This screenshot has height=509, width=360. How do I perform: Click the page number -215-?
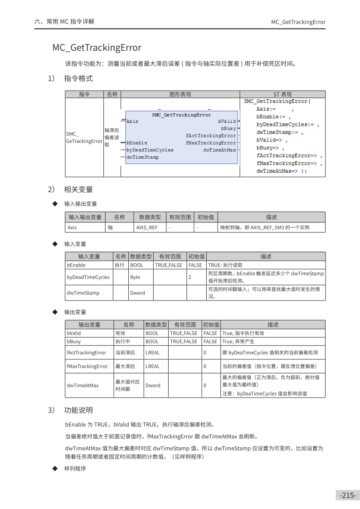coord(348,495)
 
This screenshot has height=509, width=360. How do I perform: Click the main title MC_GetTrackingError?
coord(97,48)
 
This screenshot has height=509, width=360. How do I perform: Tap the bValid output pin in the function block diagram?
coord(227,121)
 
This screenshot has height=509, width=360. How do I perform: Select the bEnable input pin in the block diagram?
coord(136,143)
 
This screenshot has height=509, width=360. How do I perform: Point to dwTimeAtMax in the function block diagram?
coord(219,150)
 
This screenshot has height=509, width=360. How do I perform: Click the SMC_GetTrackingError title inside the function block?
coord(181,115)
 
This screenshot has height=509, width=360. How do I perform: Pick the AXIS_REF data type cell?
coord(147,228)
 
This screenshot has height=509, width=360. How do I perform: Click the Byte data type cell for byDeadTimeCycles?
coord(135,277)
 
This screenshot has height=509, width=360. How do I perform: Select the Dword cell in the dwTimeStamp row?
coord(137,293)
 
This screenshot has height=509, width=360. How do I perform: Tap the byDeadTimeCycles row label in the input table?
coord(88,277)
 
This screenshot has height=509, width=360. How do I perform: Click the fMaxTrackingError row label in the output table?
coord(87,366)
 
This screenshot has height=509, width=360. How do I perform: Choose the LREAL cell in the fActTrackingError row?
coord(152,353)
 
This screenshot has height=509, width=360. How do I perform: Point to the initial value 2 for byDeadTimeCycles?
coord(190,277)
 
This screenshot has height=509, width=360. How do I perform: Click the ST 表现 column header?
coord(282,94)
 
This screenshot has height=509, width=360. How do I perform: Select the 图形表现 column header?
coord(180,94)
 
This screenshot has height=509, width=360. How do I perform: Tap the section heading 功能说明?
coord(78,410)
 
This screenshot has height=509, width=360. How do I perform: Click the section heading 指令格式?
coord(78,78)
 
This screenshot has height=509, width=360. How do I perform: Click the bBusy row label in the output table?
coord(74,341)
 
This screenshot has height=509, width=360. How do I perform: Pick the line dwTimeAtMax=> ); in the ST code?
coord(282,171)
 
